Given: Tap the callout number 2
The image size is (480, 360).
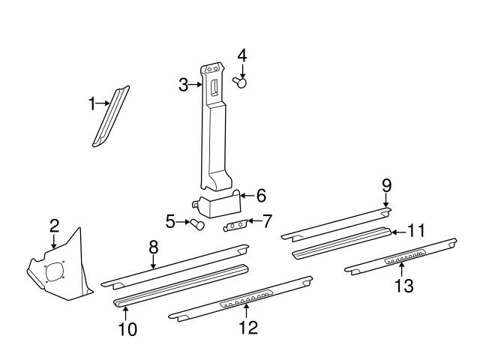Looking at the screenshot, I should click(x=54, y=225).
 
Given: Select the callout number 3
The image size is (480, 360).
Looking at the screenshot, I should click(x=183, y=85).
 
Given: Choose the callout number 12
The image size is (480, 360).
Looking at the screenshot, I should click(x=247, y=327).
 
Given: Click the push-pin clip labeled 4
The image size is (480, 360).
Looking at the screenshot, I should click(x=241, y=82).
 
